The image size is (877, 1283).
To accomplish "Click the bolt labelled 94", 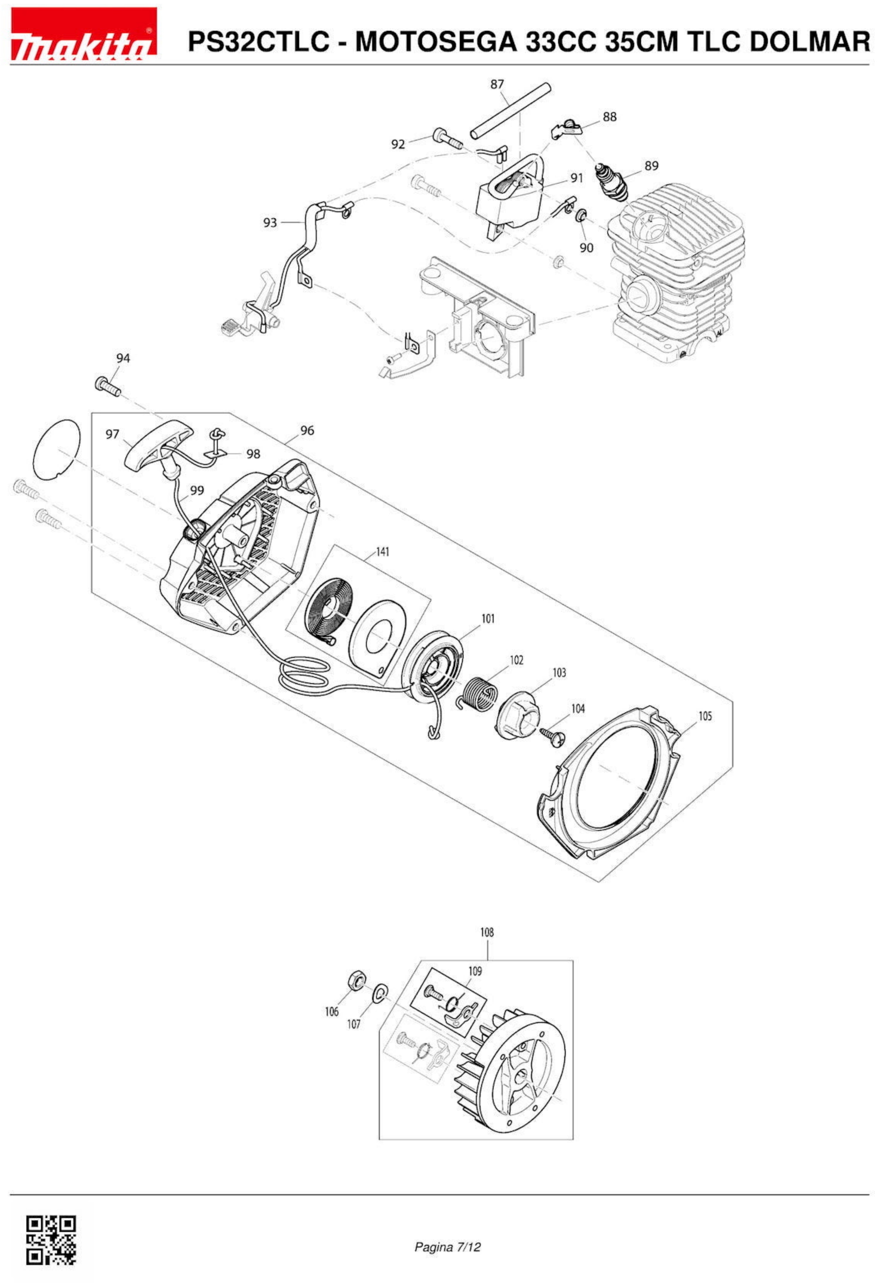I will coord(108,384).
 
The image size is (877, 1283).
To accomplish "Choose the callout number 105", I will coord(705,717).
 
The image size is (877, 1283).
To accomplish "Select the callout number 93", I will coord(270,223).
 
